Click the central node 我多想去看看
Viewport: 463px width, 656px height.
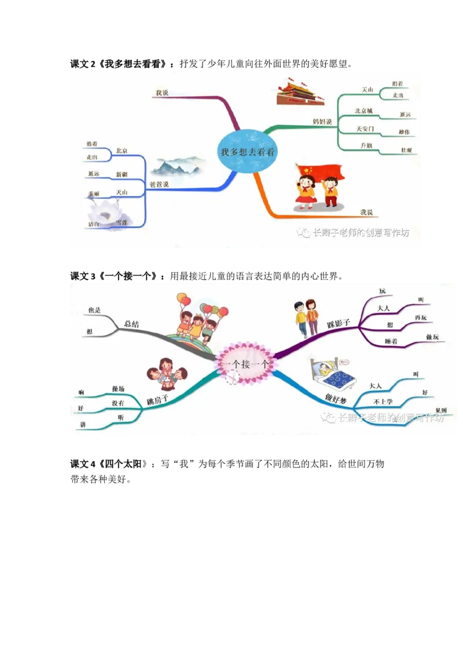click(247, 152)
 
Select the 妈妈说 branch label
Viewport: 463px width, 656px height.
click(322, 122)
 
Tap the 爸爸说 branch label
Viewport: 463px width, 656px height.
click(159, 184)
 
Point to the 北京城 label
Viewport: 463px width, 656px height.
click(363, 111)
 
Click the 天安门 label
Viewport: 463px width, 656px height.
click(365, 128)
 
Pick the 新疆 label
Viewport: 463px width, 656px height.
click(122, 174)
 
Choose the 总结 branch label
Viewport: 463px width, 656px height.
click(131, 324)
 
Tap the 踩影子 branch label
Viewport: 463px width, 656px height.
click(339, 323)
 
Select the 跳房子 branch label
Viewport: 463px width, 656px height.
click(157, 400)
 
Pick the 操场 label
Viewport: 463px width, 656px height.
click(118, 389)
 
